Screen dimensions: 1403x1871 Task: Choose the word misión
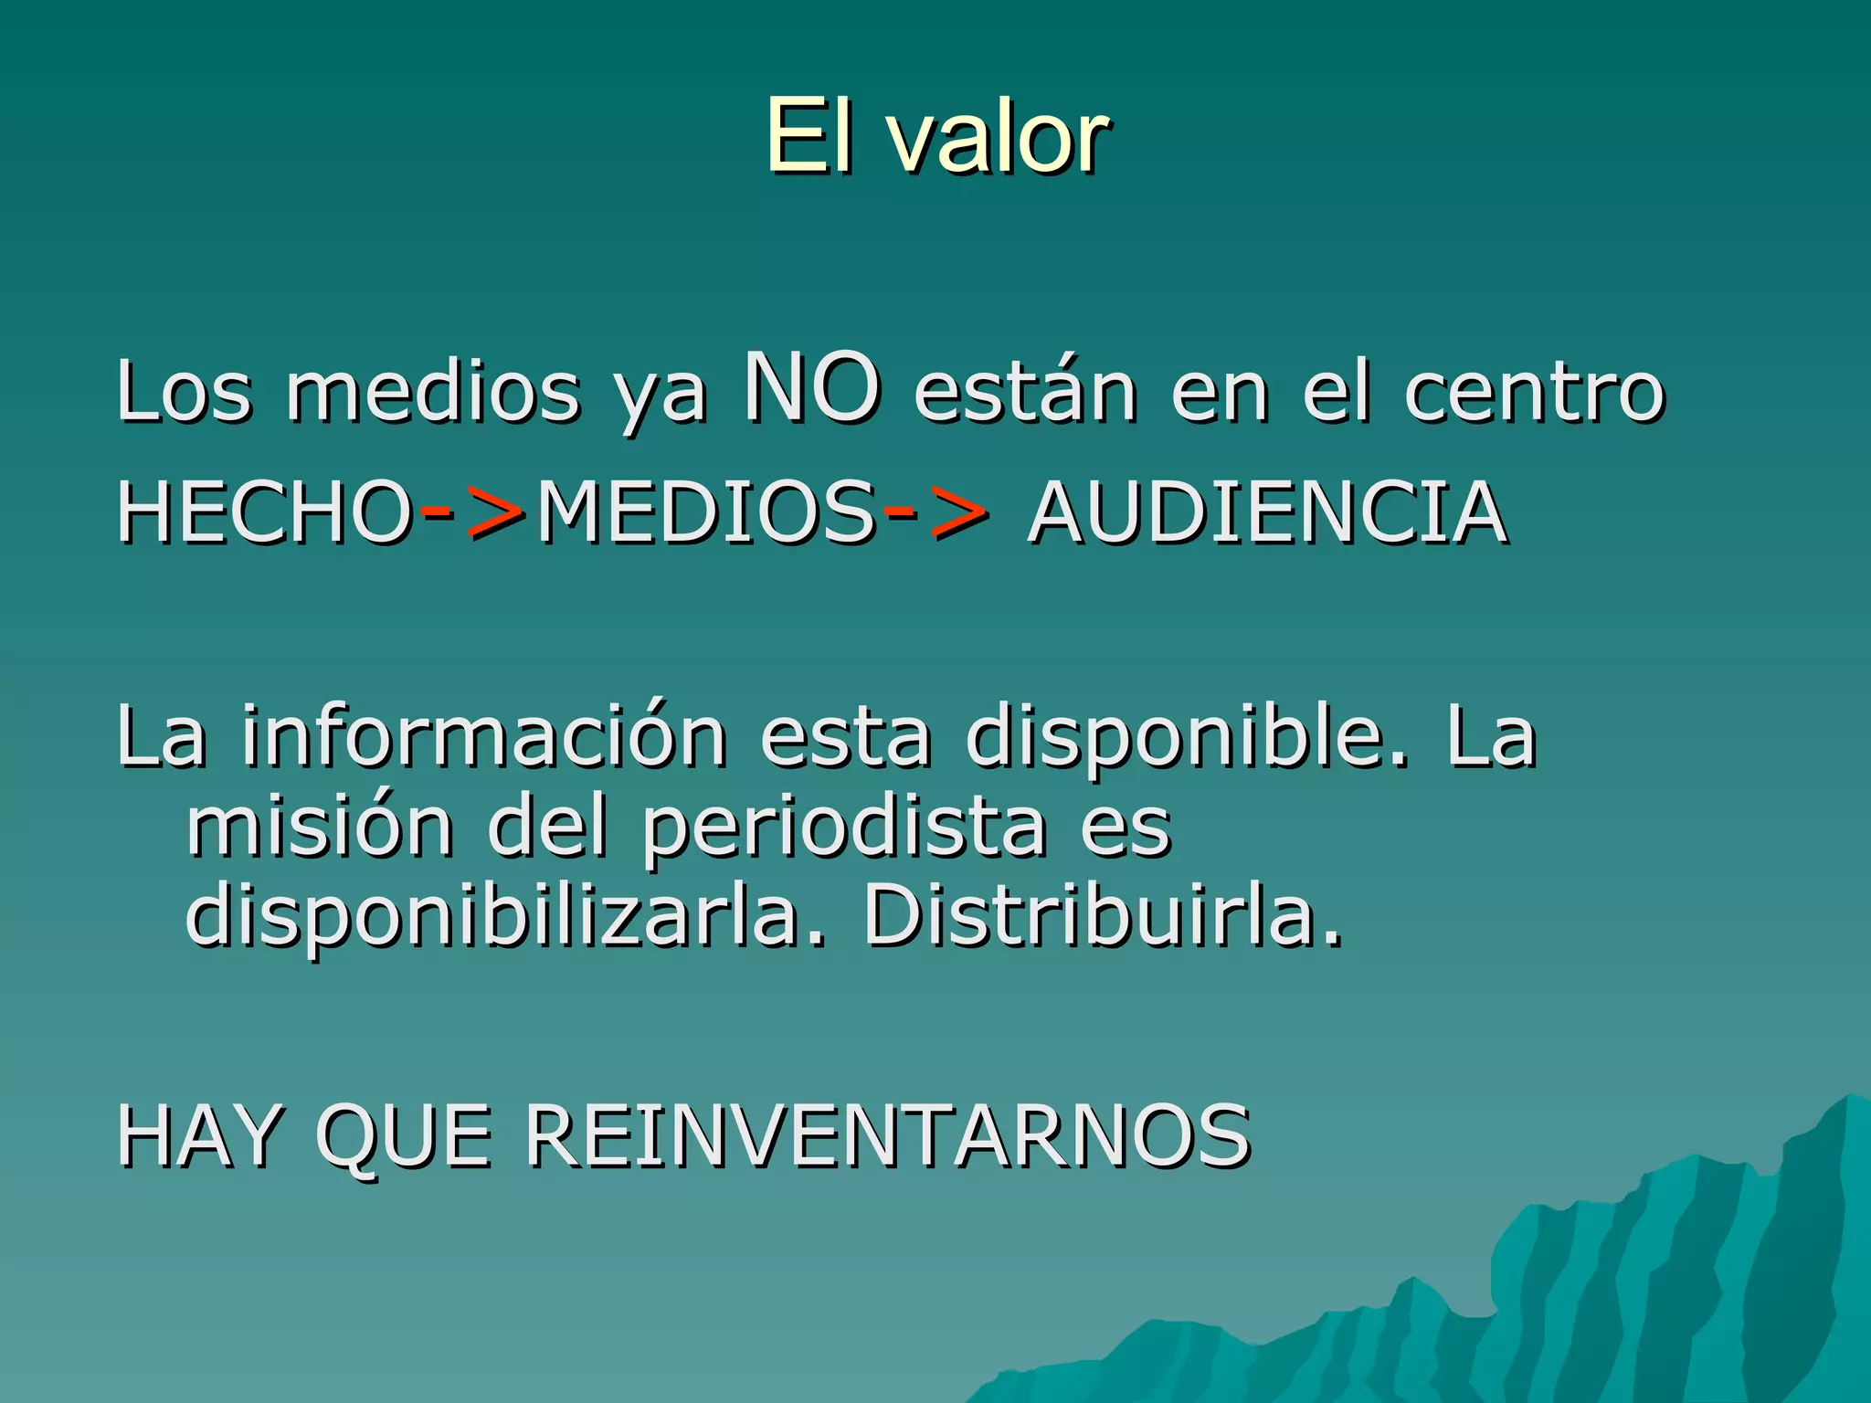(x=320, y=828)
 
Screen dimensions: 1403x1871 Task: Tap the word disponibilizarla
(x=505, y=919)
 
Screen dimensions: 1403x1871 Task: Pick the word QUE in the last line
(x=403, y=1137)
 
